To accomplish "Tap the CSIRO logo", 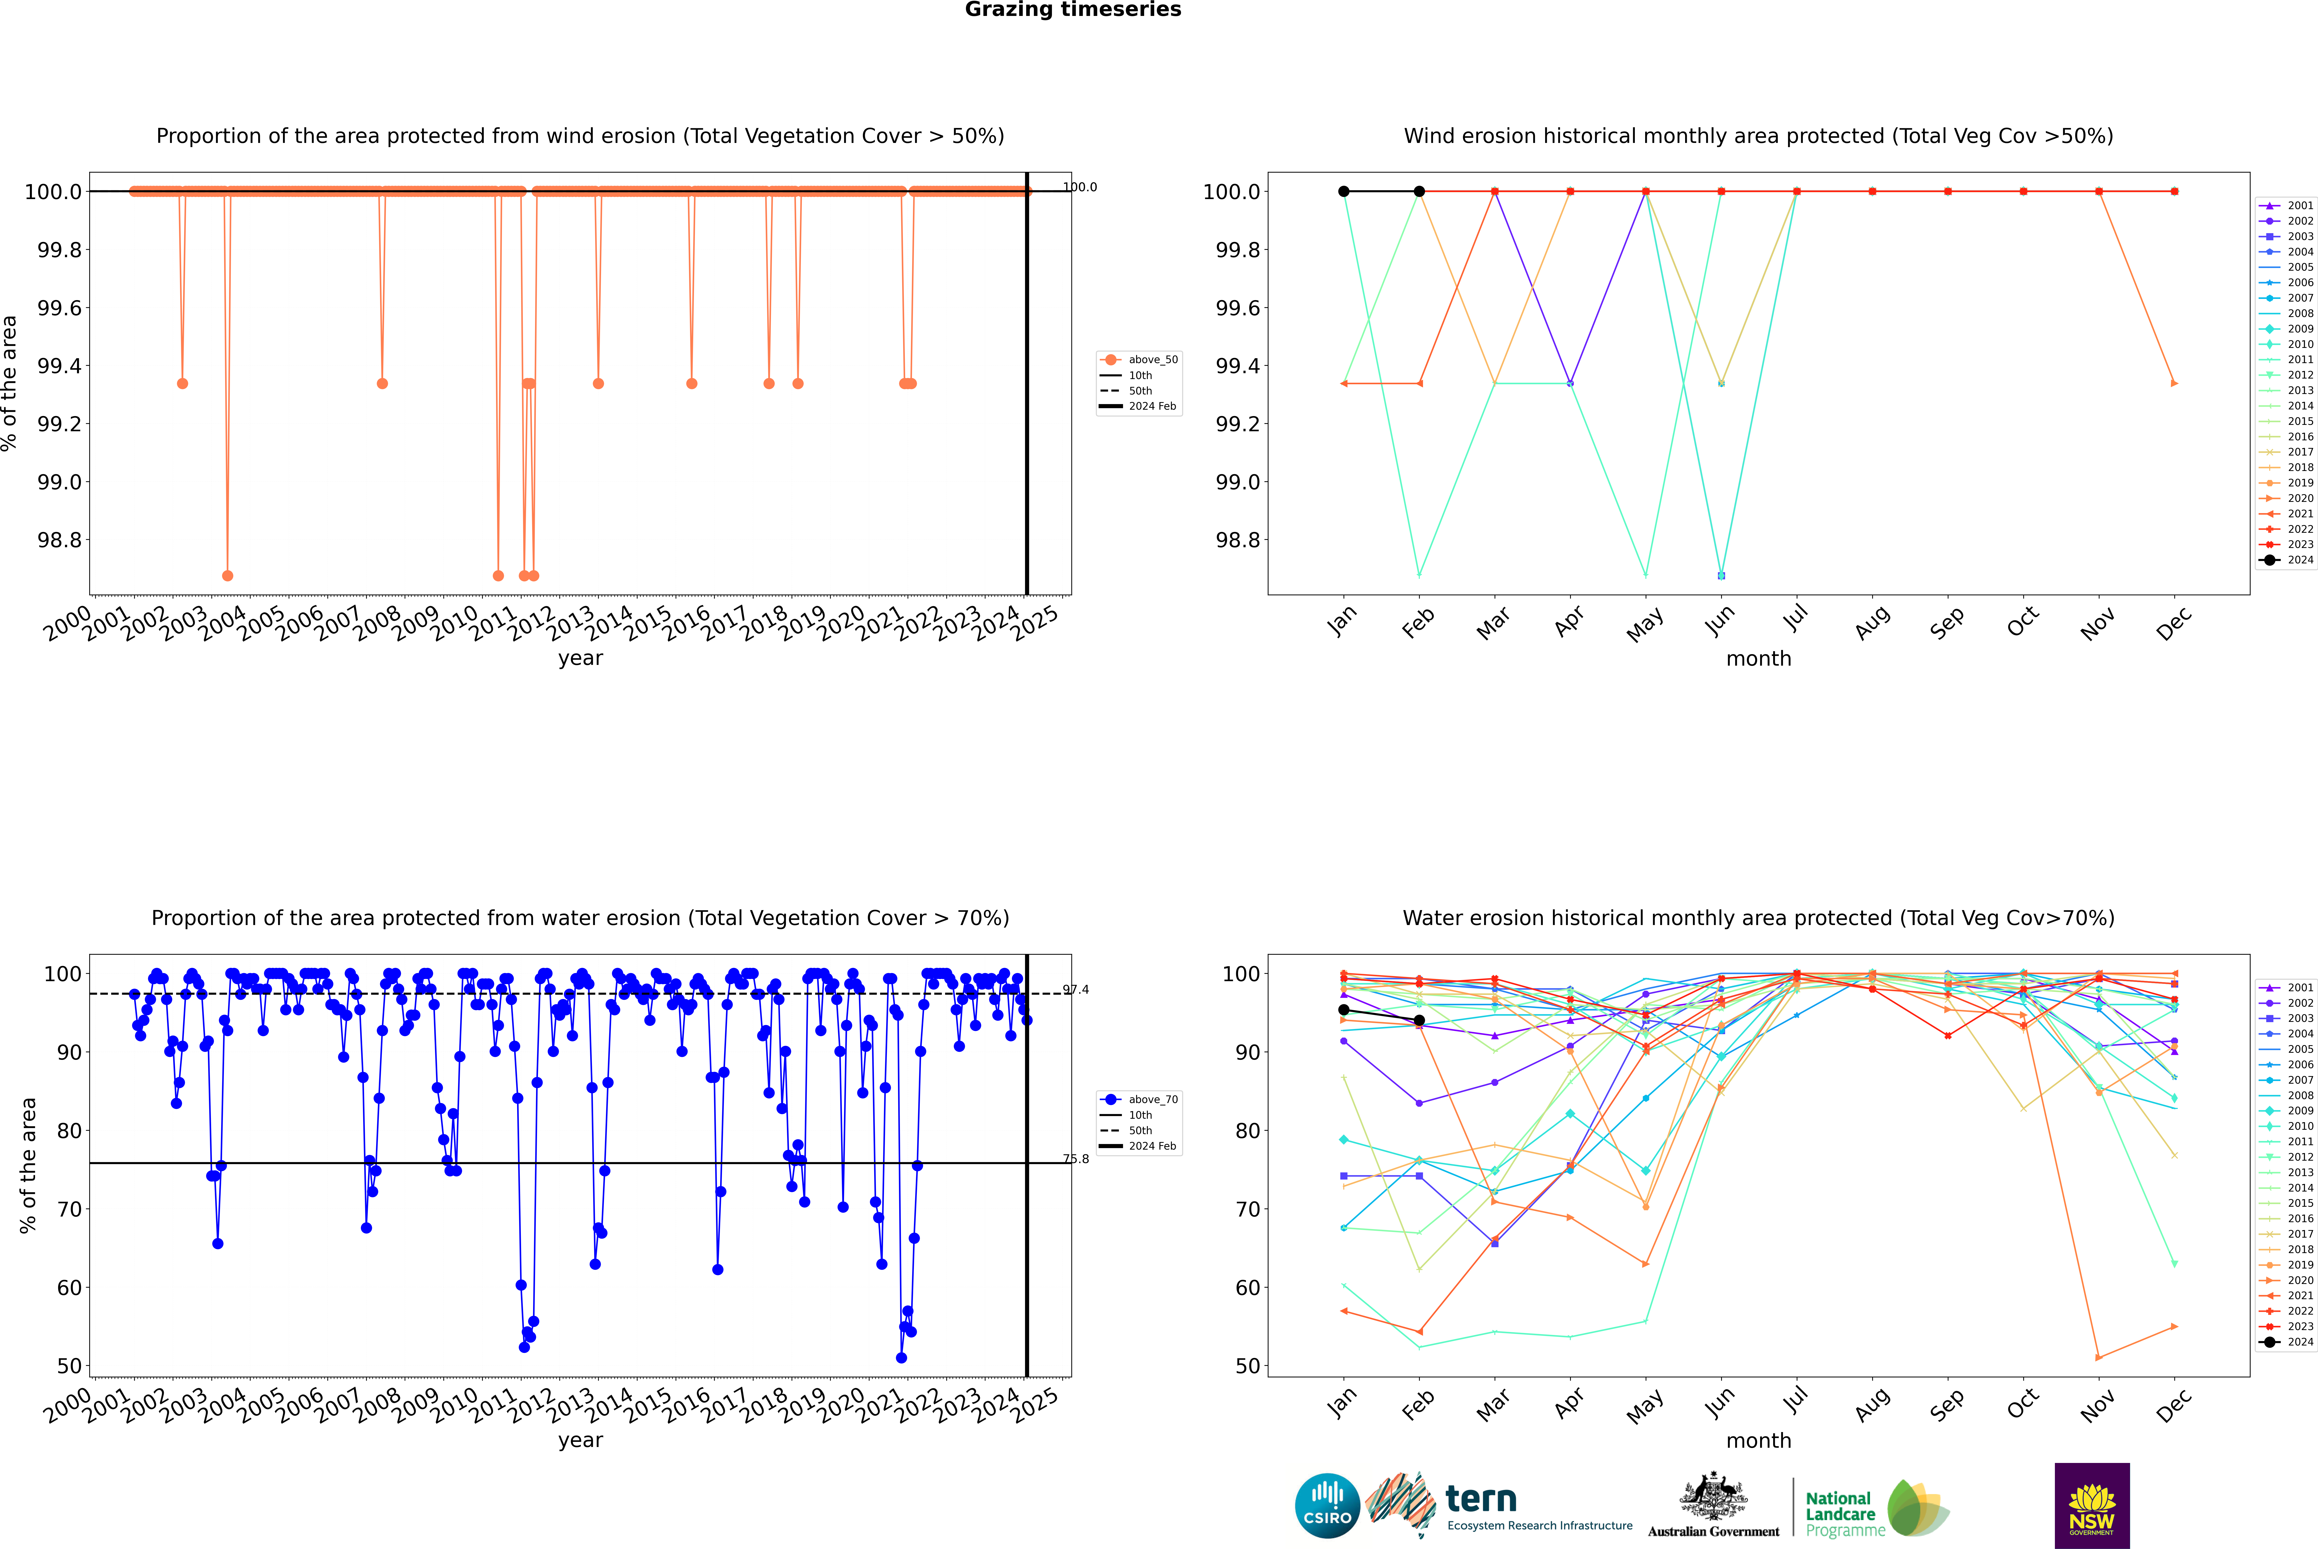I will pyautogui.click(x=1327, y=1506).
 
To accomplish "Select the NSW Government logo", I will pyautogui.click(x=2092, y=1506).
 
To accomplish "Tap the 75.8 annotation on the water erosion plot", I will pyautogui.click(x=1076, y=1159).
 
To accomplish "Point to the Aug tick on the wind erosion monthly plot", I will pyautogui.click(x=1872, y=622).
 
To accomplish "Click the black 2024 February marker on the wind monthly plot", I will pyautogui.click(x=1419, y=192).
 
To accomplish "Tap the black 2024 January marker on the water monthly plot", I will pyautogui.click(x=1344, y=1010).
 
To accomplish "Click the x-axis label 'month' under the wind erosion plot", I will pyautogui.click(x=1758, y=659).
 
